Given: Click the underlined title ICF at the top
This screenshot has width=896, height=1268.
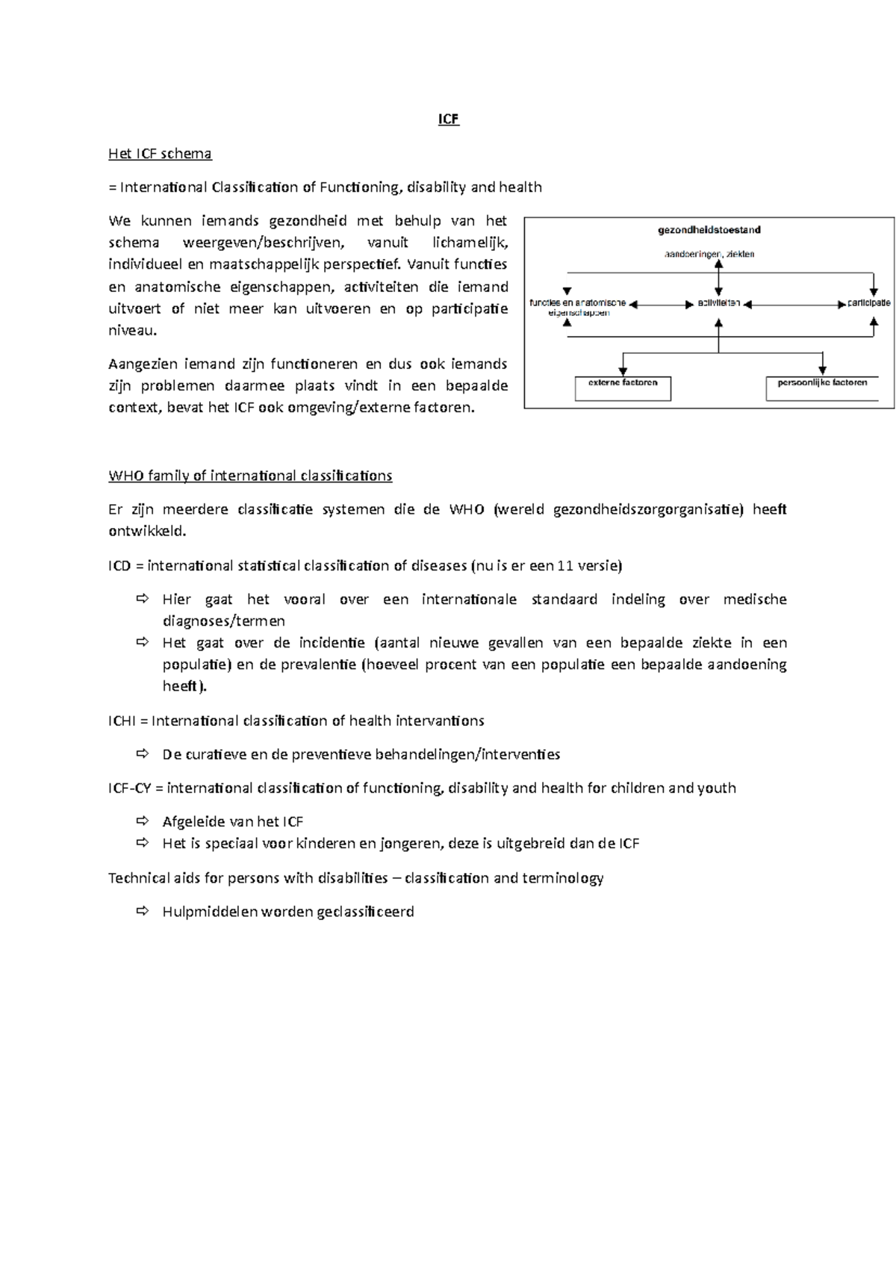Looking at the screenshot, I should (448, 119).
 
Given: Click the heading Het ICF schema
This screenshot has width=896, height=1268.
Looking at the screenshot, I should (160, 154).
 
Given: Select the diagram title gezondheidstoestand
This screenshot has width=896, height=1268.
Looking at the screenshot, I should (709, 230).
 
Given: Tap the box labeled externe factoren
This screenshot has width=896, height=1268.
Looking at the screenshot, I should (623, 388).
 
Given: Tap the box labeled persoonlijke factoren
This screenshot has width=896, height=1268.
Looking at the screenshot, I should (822, 388).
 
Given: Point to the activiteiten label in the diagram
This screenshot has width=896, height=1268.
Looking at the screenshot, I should (718, 303).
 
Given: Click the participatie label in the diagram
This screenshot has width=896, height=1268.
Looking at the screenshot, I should (868, 303).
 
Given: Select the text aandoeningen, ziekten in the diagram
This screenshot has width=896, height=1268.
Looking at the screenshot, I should (709, 255).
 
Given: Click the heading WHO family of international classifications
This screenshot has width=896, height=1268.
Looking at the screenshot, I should (250, 476).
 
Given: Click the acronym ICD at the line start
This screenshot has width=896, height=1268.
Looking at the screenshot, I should (119, 566).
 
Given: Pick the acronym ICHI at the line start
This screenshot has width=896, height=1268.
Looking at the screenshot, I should (122, 721).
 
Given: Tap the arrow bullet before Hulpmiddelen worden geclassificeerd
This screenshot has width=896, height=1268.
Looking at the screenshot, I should (143, 911).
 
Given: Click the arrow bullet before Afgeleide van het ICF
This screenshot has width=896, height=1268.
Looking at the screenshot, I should (143, 821).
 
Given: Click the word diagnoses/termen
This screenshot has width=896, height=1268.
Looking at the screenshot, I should (223, 621).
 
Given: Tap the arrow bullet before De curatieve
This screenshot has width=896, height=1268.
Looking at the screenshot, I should (143, 754).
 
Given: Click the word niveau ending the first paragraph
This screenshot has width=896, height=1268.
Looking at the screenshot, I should (132, 331).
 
